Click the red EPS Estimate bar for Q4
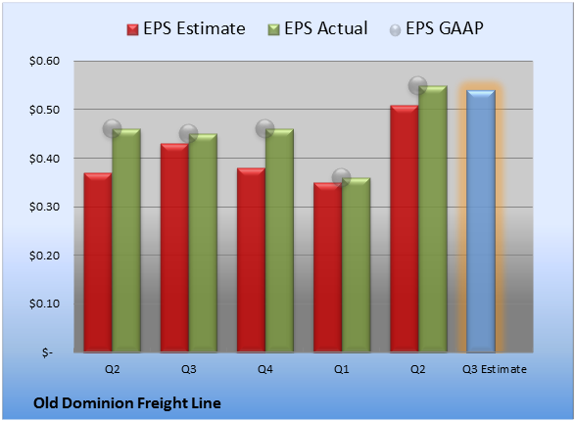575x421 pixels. (x=251, y=260)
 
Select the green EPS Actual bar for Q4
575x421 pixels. (x=279, y=241)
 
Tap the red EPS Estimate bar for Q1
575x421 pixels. (x=328, y=267)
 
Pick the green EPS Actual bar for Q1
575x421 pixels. (x=357, y=265)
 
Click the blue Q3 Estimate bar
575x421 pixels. (x=481, y=221)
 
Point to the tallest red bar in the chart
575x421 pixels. (x=405, y=229)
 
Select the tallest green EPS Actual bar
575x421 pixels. (x=433, y=219)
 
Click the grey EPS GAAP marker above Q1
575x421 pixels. (x=342, y=178)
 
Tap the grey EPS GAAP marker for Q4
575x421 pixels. (x=264, y=128)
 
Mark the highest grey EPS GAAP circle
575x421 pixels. (x=417, y=86)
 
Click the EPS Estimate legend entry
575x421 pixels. (x=186, y=28)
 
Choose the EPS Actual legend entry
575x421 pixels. (x=317, y=28)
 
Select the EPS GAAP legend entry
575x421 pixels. (x=436, y=28)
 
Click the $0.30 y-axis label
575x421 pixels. (x=45, y=207)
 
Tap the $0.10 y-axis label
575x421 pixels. (x=45, y=304)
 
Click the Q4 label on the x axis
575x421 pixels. (x=265, y=369)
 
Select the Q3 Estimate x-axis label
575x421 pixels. (x=495, y=369)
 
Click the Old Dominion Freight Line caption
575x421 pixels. (x=127, y=403)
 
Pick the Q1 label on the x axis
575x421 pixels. (x=342, y=369)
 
